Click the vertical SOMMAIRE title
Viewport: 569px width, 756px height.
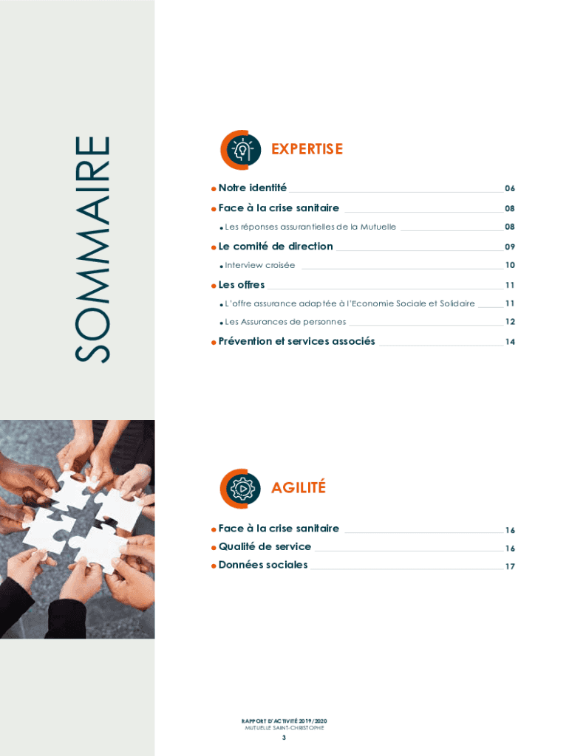click(x=92, y=250)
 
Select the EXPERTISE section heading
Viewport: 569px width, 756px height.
click(x=307, y=149)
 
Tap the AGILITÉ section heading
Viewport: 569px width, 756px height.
click(x=299, y=487)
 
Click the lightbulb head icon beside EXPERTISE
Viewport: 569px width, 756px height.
click(x=241, y=150)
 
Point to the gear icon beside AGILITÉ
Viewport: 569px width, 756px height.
click(x=240, y=489)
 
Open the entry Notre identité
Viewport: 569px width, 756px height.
click(x=253, y=188)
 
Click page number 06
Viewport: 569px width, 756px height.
click(x=510, y=188)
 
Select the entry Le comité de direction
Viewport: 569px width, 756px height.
click(x=276, y=247)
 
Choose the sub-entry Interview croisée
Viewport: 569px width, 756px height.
click(x=259, y=265)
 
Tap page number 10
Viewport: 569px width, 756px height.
click(x=510, y=265)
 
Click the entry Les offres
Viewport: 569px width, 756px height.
click(x=242, y=285)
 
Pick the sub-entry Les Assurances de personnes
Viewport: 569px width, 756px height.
click(x=285, y=322)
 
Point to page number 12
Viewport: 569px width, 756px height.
click(x=510, y=322)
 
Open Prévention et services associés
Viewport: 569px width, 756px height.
click(x=296, y=341)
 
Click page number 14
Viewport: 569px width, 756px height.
click(x=510, y=342)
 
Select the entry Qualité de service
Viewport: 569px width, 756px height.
click(x=265, y=546)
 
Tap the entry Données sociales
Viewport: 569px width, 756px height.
click(x=262, y=565)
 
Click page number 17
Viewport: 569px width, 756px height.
click(x=510, y=566)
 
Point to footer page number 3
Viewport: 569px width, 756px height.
click(x=284, y=738)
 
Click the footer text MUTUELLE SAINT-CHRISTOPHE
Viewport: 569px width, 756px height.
click(x=284, y=728)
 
